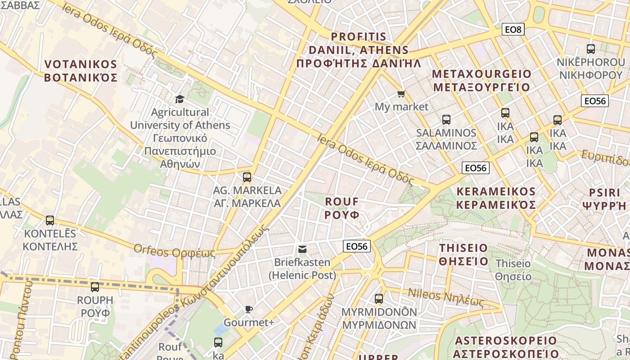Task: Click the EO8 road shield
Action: click(x=513, y=30)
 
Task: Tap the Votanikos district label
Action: click(x=81, y=71)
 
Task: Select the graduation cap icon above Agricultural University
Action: click(x=180, y=99)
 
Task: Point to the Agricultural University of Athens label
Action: click(x=180, y=138)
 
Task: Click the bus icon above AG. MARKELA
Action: click(x=247, y=177)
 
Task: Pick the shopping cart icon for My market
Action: click(x=401, y=94)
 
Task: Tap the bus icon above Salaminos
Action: click(x=446, y=120)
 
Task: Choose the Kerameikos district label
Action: click(x=496, y=198)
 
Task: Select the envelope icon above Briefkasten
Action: click(x=302, y=249)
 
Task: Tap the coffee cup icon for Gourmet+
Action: click(x=249, y=309)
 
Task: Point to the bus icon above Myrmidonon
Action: click(x=379, y=298)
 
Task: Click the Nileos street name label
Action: click(x=445, y=297)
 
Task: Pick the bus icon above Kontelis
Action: click(x=50, y=220)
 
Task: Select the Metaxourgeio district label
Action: click(x=481, y=80)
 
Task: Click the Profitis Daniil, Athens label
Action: click(x=359, y=49)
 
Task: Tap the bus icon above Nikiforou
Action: click(x=591, y=49)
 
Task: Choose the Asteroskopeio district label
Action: click(x=506, y=346)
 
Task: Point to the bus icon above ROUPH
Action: click(x=95, y=287)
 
